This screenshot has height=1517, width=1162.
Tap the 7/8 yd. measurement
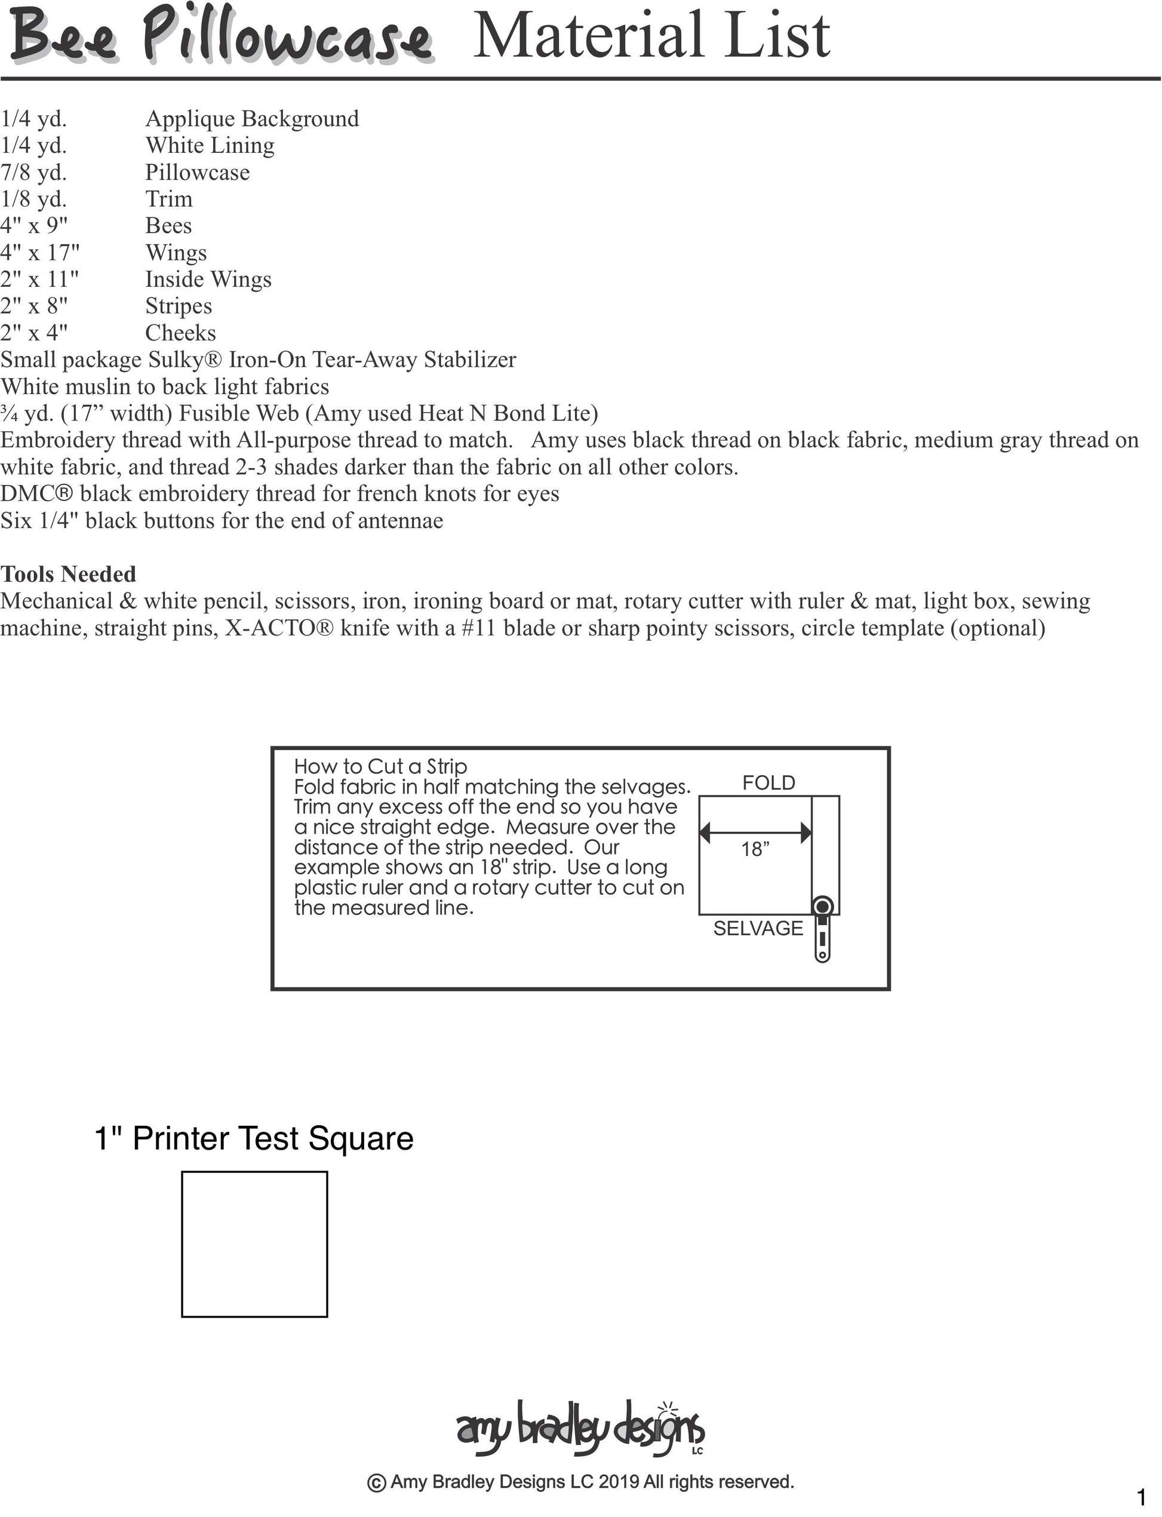(33, 172)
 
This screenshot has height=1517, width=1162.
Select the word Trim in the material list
(169, 199)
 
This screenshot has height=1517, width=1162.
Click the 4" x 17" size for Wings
(39, 253)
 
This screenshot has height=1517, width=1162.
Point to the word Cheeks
(180, 333)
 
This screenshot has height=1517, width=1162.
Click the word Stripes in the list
(179, 306)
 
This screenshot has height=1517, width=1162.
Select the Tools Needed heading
(69, 574)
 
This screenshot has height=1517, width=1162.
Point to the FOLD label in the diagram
(768, 783)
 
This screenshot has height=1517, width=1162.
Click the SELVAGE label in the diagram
(758, 928)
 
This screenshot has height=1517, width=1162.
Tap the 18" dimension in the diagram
(755, 849)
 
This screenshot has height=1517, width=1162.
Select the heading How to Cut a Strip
(380, 766)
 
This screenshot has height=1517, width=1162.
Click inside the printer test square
(254, 1243)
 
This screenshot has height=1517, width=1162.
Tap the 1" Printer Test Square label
(254, 1138)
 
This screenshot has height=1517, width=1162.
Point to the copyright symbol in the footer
(376, 1483)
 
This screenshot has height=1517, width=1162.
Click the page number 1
(1141, 1498)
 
